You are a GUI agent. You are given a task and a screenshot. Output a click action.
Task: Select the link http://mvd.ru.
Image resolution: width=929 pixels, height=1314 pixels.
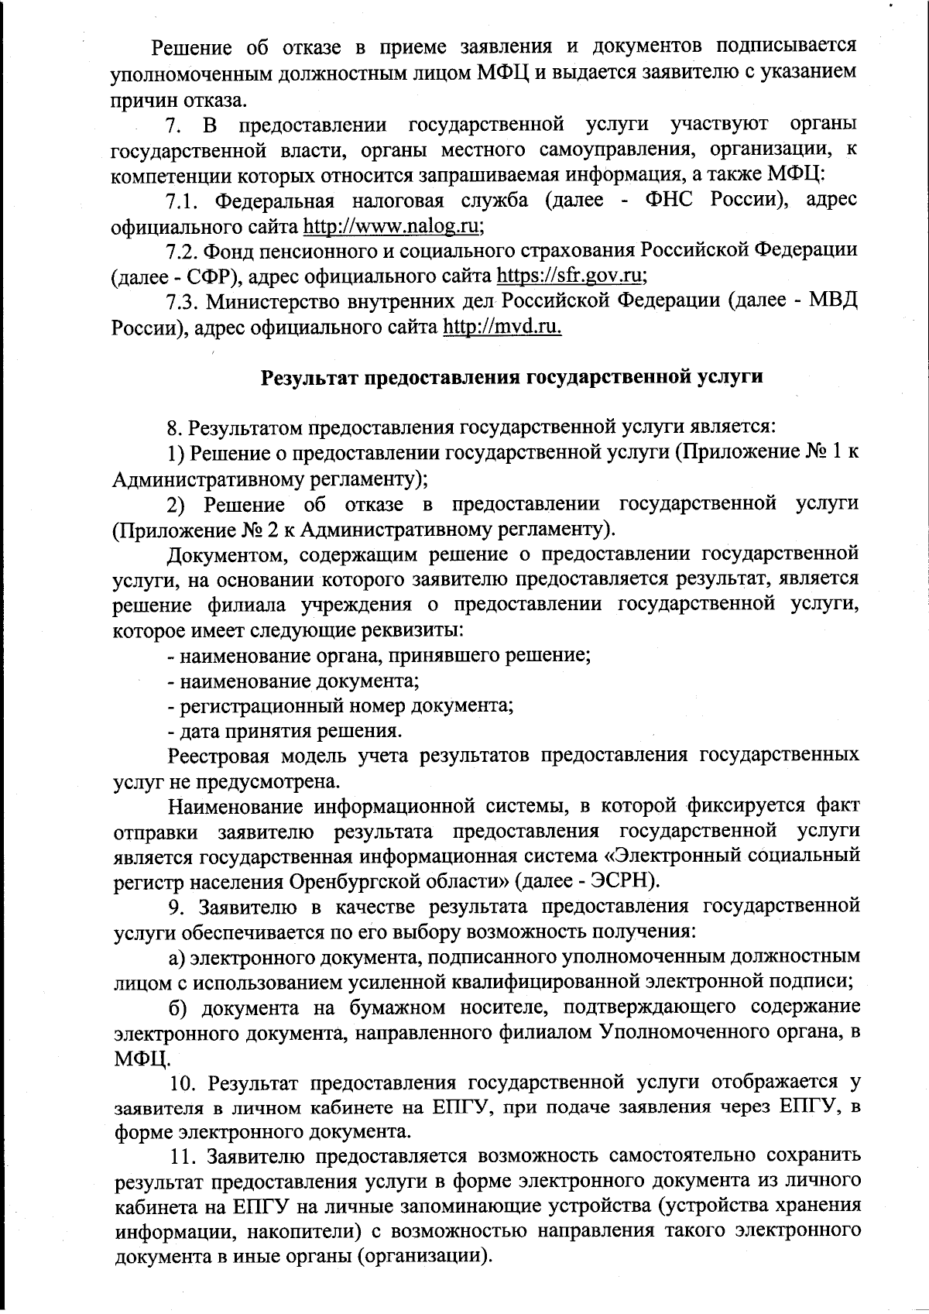pyautogui.click(x=502, y=327)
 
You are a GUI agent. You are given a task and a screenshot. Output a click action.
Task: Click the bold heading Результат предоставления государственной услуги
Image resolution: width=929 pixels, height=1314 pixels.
pyautogui.click(x=512, y=377)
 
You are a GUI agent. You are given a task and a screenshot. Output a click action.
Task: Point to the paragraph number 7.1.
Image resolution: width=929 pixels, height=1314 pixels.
pyautogui.click(x=183, y=201)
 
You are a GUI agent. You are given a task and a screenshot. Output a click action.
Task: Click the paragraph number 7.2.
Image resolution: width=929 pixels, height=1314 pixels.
pyautogui.click(x=183, y=251)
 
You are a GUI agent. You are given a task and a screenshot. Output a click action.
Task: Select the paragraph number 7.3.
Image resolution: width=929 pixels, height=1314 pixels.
pyautogui.click(x=183, y=301)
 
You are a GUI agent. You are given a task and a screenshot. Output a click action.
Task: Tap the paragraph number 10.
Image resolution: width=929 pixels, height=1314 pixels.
pyautogui.click(x=186, y=1082)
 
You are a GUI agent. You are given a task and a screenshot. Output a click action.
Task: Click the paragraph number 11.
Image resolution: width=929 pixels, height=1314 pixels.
pyautogui.click(x=186, y=1157)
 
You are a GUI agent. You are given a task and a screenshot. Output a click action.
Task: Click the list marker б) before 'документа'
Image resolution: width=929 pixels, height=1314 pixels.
pyautogui.click(x=180, y=1007)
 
